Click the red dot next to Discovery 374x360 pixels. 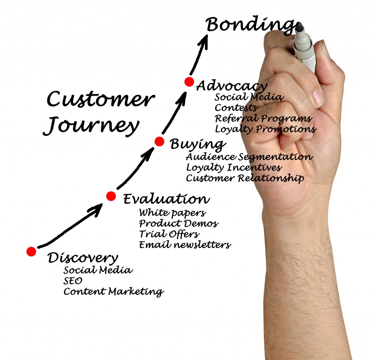pyautogui.click(x=31, y=251)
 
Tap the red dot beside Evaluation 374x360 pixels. pyautogui.click(x=111, y=196)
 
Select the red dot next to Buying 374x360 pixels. pyautogui.click(x=160, y=141)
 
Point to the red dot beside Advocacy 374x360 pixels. pyautogui.click(x=189, y=82)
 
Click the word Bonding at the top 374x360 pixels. pyautogui.click(x=250, y=25)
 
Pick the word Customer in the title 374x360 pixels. pyautogui.click(x=99, y=99)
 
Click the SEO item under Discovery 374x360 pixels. pyautogui.click(x=73, y=281)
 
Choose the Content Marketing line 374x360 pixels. pyautogui.click(x=113, y=292)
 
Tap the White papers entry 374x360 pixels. pyautogui.click(x=172, y=212)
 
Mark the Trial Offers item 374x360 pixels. pyautogui.click(x=169, y=234)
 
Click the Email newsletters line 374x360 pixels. pyautogui.click(x=185, y=245)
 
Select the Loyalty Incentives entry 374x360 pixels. pyautogui.click(x=234, y=168)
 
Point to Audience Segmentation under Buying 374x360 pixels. pyautogui.click(x=249, y=157)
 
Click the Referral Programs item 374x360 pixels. pyautogui.click(x=263, y=118)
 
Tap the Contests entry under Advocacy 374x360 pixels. pyautogui.click(x=236, y=108)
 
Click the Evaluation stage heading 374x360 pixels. pyautogui.click(x=167, y=199)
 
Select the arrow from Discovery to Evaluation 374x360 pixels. pyautogui.click(x=69, y=227)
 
